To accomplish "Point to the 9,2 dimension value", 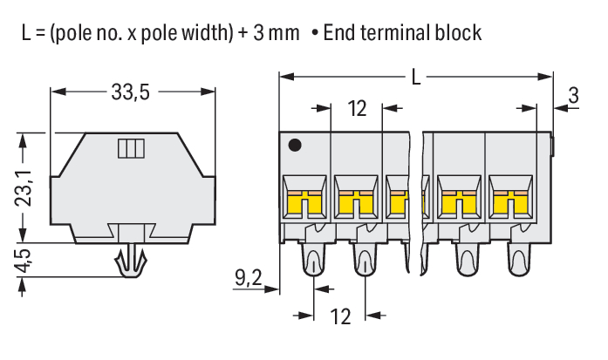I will [x=249, y=279].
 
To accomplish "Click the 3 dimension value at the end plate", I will [x=572, y=96].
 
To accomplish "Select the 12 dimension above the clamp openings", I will [x=357, y=109].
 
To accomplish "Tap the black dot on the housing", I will [x=296, y=145].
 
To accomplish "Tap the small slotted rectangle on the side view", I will [x=129, y=148].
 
